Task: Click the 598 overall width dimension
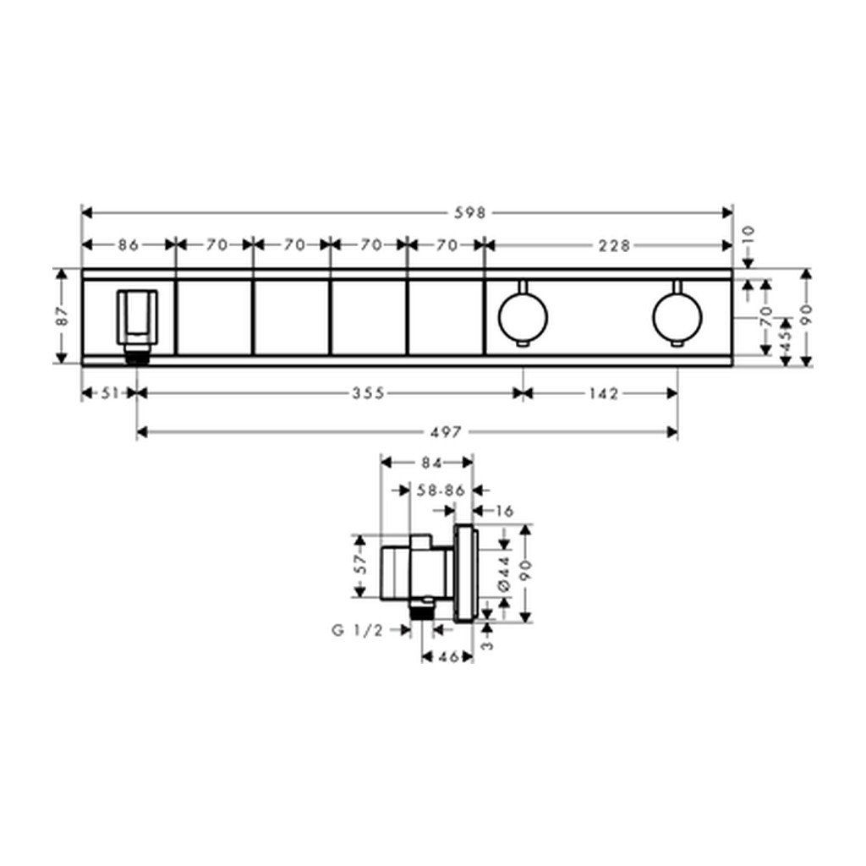(x=470, y=212)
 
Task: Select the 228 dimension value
(x=614, y=245)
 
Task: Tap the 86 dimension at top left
(x=129, y=244)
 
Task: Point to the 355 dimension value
(x=369, y=393)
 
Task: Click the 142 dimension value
(x=603, y=393)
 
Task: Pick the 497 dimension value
(x=445, y=432)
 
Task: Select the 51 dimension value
(x=111, y=393)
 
